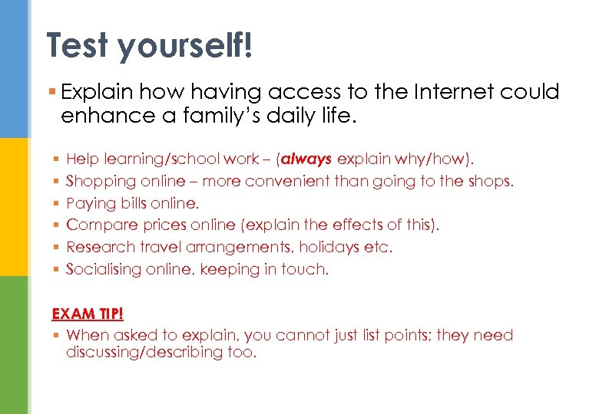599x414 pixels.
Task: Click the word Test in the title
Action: (x=78, y=45)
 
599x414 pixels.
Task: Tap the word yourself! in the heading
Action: (x=184, y=45)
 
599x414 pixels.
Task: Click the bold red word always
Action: (x=308, y=159)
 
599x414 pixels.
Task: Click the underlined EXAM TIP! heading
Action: (x=88, y=314)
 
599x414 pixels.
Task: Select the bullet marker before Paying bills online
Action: (x=57, y=204)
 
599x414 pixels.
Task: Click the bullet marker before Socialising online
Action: (x=57, y=270)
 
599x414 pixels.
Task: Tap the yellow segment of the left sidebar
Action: (x=14, y=207)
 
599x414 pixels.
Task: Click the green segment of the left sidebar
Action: (x=14, y=345)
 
